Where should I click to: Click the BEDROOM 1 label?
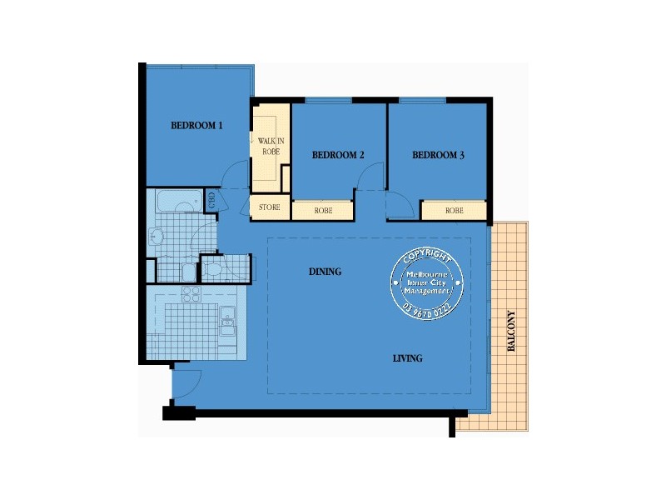click(196, 126)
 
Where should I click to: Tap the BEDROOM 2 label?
click(338, 155)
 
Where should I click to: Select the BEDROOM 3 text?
click(438, 154)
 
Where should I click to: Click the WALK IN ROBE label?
click(271, 147)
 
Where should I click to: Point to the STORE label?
click(269, 207)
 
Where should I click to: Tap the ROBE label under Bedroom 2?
click(323, 211)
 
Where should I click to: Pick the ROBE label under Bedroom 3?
click(454, 211)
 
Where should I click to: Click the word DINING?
click(325, 272)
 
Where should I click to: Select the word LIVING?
click(408, 358)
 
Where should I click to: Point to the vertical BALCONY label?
click(511, 333)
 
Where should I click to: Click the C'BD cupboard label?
click(211, 199)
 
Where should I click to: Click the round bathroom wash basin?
click(157, 237)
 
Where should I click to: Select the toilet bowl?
click(211, 268)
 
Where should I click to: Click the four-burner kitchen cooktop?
click(191, 293)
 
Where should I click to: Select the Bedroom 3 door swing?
click(397, 204)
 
